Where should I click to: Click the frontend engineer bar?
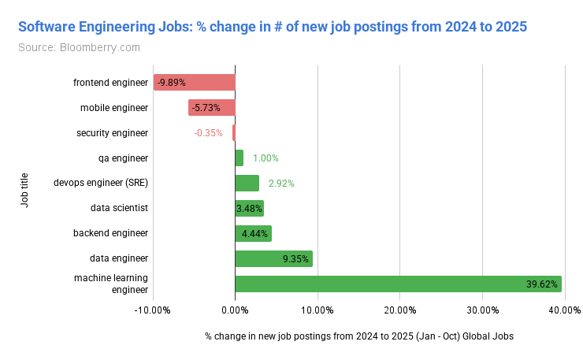click(194, 82)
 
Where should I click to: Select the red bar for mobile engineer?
click(211, 107)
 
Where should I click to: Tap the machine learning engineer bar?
click(398, 284)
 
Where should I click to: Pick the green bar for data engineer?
click(273, 258)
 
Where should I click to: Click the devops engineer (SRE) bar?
click(247, 183)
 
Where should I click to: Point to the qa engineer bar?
click(240, 158)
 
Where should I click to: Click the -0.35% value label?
click(209, 132)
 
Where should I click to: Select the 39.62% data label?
click(542, 284)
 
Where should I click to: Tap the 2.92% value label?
click(281, 183)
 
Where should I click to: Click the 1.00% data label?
click(266, 158)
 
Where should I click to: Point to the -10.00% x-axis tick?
click(153, 309)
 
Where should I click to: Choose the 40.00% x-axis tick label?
click(565, 309)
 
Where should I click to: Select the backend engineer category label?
click(110, 233)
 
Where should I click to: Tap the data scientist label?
click(120, 208)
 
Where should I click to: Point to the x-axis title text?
click(359, 336)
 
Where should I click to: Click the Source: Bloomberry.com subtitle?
click(79, 46)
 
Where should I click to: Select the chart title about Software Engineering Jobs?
click(272, 26)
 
